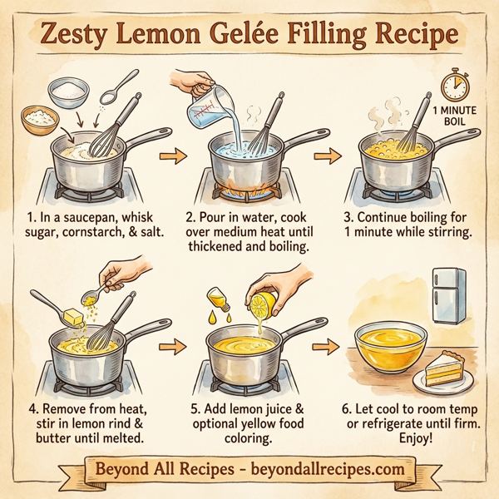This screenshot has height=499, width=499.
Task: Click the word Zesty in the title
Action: coord(83,36)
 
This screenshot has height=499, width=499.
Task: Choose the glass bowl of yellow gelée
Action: coord(389,348)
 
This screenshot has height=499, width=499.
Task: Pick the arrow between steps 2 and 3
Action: coord(330,156)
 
